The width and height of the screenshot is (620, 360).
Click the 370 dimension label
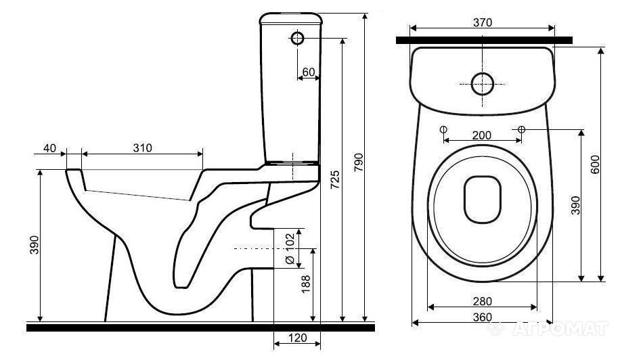[x=483, y=22]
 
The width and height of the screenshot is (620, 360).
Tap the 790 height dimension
[x=359, y=162]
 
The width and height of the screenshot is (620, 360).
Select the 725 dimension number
[x=335, y=179]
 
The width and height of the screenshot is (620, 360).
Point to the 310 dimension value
[x=142, y=148]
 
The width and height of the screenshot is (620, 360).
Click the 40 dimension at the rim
[x=49, y=148]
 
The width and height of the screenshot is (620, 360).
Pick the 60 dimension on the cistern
[x=309, y=72]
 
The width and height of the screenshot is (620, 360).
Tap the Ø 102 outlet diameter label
[x=290, y=248]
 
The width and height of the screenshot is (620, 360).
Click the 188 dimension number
[x=306, y=284]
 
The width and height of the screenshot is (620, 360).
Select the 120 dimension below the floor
[x=297, y=338]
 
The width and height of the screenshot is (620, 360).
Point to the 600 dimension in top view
[x=595, y=164]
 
